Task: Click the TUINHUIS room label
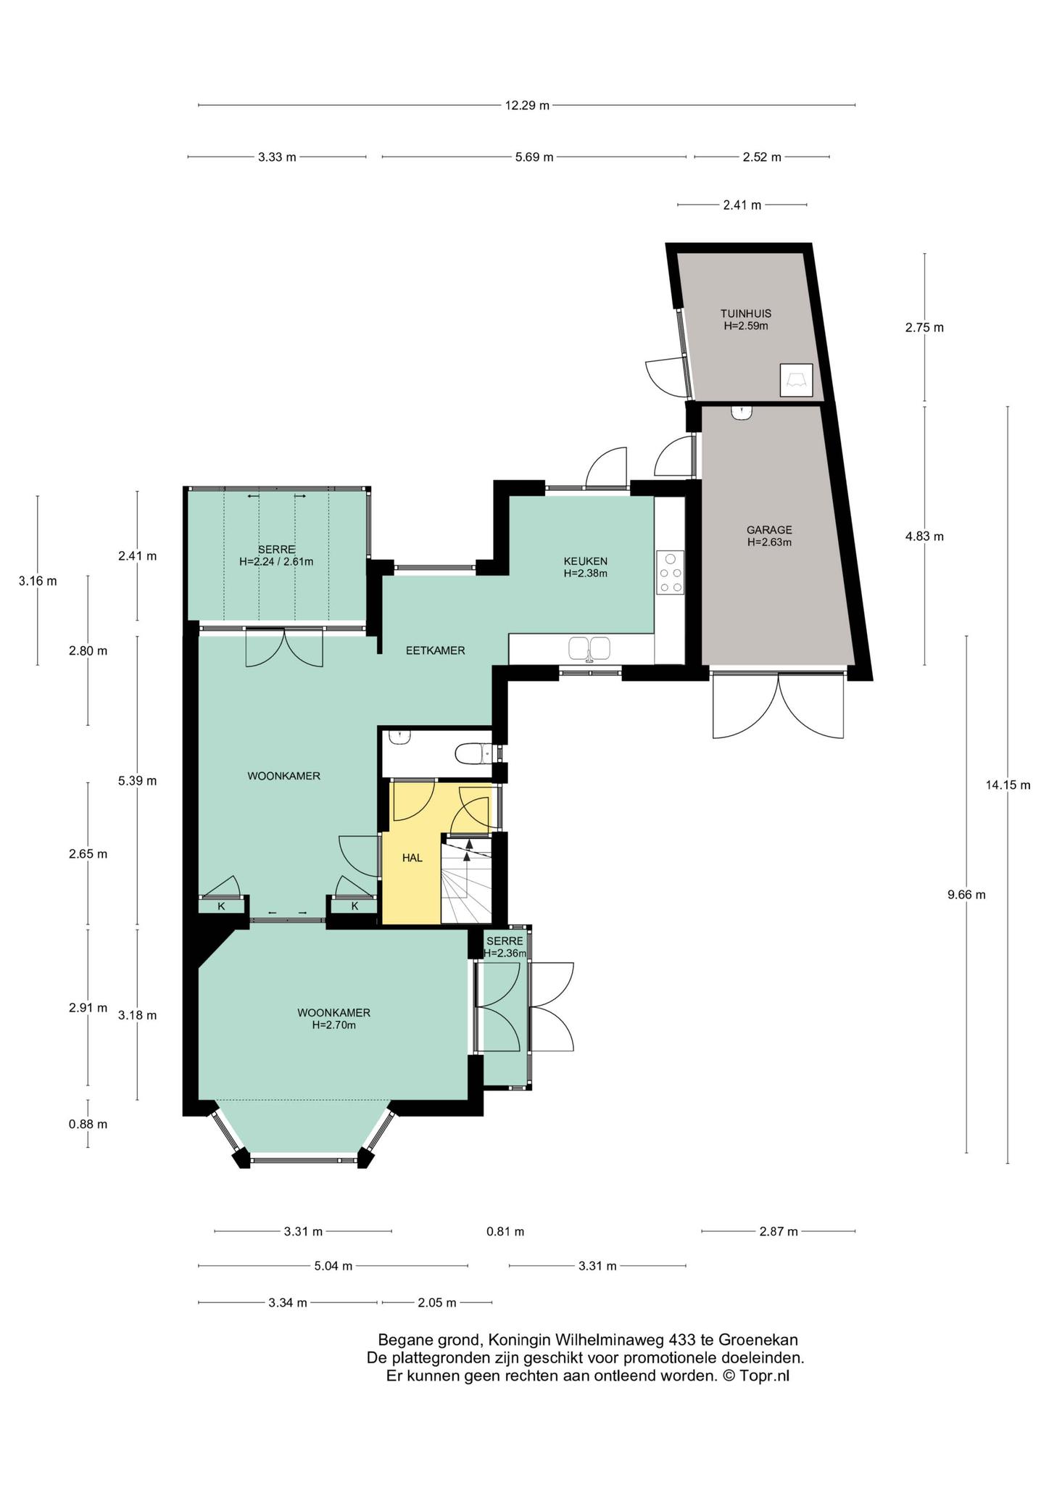coord(745,314)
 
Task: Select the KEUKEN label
coord(586,561)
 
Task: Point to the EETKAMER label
coord(435,650)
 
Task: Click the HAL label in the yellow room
coord(412,858)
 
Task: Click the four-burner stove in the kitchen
coord(671,573)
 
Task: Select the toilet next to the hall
coord(473,755)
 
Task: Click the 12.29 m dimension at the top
coord(527,105)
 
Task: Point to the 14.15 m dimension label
coord(1008,784)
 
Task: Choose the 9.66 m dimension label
coord(966,895)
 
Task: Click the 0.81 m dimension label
coord(505,1231)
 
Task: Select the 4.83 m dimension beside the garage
coord(924,537)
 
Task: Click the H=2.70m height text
coord(333,1025)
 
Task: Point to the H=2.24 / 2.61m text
coord(276,561)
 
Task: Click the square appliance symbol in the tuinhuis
coord(796,380)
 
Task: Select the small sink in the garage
coord(742,413)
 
